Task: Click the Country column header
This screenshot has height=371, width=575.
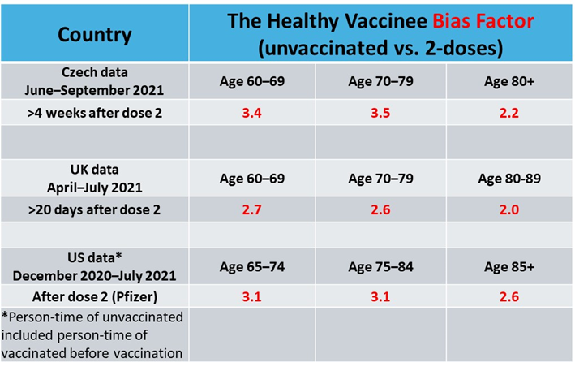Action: coord(94,34)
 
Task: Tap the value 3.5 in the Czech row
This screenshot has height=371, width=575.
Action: coord(380,112)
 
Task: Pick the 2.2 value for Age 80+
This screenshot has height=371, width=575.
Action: coord(509,112)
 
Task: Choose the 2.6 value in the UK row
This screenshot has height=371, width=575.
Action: coord(380,209)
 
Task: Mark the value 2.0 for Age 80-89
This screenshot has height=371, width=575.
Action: coord(509,209)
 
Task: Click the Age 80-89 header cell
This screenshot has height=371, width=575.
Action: coord(509,179)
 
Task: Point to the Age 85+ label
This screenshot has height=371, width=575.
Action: coord(509,266)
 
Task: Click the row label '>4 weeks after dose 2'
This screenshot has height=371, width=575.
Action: coord(94,112)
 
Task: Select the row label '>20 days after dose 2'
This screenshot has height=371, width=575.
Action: coord(94,209)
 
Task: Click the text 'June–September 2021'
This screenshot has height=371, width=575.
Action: coord(94,88)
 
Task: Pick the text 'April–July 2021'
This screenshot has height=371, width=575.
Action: coord(94,187)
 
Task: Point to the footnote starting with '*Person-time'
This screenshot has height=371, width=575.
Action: coord(94,334)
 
